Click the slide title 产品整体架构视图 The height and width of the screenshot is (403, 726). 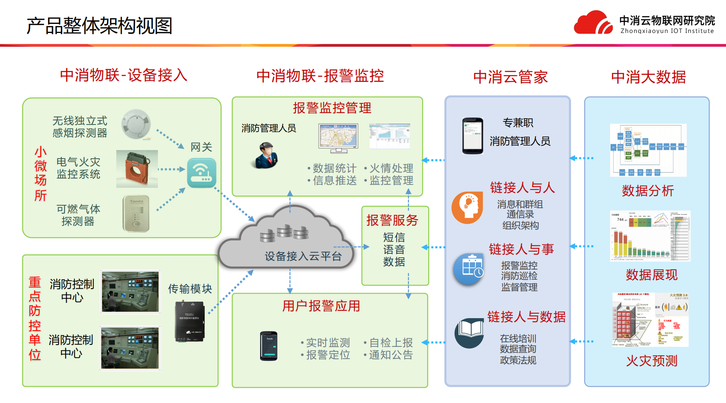(x=99, y=26)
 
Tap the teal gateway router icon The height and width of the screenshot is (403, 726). (x=202, y=173)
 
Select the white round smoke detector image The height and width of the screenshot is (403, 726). (x=136, y=124)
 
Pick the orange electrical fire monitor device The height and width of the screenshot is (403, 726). (x=137, y=169)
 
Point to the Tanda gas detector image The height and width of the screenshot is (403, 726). (x=136, y=213)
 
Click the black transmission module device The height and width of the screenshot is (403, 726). (x=190, y=321)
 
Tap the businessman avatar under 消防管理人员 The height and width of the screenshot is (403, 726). (x=266, y=156)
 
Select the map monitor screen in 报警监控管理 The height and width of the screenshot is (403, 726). (x=338, y=138)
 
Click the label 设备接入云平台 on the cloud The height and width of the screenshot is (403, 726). (x=303, y=256)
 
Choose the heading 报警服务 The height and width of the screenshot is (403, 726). (x=392, y=220)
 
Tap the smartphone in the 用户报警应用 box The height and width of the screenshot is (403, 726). (x=269, y=346)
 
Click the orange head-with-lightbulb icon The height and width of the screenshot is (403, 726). (x=467, y=207)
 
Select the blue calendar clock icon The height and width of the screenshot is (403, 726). (x=469, y=269)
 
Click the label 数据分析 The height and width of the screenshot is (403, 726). (x=648, y=191)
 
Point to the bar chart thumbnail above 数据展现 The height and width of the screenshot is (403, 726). (x=650, y=236)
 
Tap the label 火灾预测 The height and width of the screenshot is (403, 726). (x=651, y=361)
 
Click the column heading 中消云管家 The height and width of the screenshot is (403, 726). (x=510, y=77)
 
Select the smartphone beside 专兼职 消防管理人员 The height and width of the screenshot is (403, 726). (x=473, y=136)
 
